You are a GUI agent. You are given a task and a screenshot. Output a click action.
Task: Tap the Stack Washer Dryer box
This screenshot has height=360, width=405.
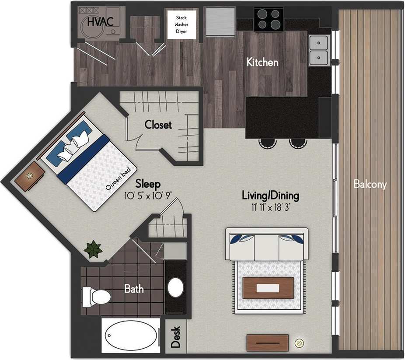click(x=181, y=24)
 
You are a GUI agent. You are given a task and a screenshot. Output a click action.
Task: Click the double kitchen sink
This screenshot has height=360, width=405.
click(x=319, y=50)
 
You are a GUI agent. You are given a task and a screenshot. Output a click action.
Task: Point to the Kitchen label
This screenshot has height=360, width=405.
click(x=262, y=62)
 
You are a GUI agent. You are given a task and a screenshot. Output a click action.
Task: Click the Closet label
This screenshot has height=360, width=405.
click(x=158, y=125)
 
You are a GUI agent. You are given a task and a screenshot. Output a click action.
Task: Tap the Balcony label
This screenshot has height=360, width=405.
click(x=370, y=184)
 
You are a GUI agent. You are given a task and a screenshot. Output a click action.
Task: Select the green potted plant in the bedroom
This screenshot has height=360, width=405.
click(x=93, y=249)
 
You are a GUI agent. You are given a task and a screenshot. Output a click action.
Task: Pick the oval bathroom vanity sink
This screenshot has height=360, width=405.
click(x=176, y=287)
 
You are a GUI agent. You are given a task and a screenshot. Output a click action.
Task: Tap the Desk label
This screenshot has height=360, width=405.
click(x=176, y=337)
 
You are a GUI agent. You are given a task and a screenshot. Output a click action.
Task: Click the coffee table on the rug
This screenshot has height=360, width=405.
click(x=268, y=288)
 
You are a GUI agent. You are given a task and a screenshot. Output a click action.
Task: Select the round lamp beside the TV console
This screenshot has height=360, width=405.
click(x=300, y=343)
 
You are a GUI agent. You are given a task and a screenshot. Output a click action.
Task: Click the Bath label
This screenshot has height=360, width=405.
click(x=134, y=289)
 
